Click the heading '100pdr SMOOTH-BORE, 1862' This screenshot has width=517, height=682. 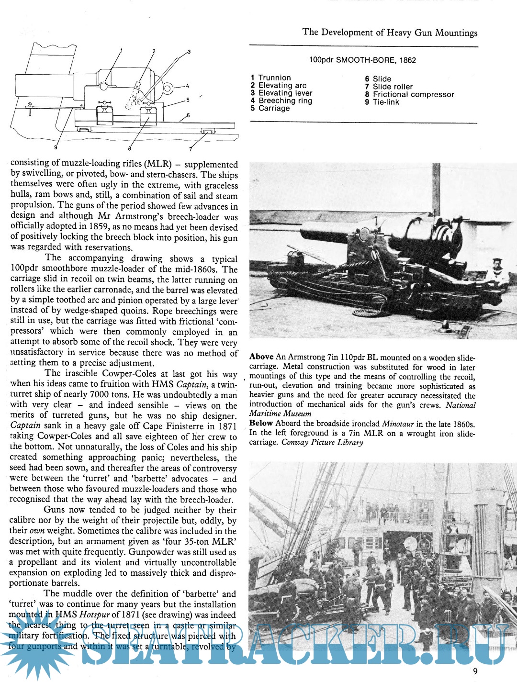[362, 60]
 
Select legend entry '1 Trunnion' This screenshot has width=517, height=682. [270, 78]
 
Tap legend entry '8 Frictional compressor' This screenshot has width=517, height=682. [409, 94]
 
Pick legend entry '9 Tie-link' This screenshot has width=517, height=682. [382, 102]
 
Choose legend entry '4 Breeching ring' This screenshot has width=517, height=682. [281, 101]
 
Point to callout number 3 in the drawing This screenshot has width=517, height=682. [189, 52]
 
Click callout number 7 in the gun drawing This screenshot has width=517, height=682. [191, 148]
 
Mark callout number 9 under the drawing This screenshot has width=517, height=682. [56, 147]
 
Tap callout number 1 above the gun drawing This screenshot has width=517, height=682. [122, 50]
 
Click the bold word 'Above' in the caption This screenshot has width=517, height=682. [261, 357]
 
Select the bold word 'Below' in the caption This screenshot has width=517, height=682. [261, 423]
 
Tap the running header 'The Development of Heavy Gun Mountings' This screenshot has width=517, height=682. [390, 33]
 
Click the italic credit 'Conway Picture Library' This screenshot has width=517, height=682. [322, 442]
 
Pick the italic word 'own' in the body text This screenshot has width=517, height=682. [37, 531]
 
